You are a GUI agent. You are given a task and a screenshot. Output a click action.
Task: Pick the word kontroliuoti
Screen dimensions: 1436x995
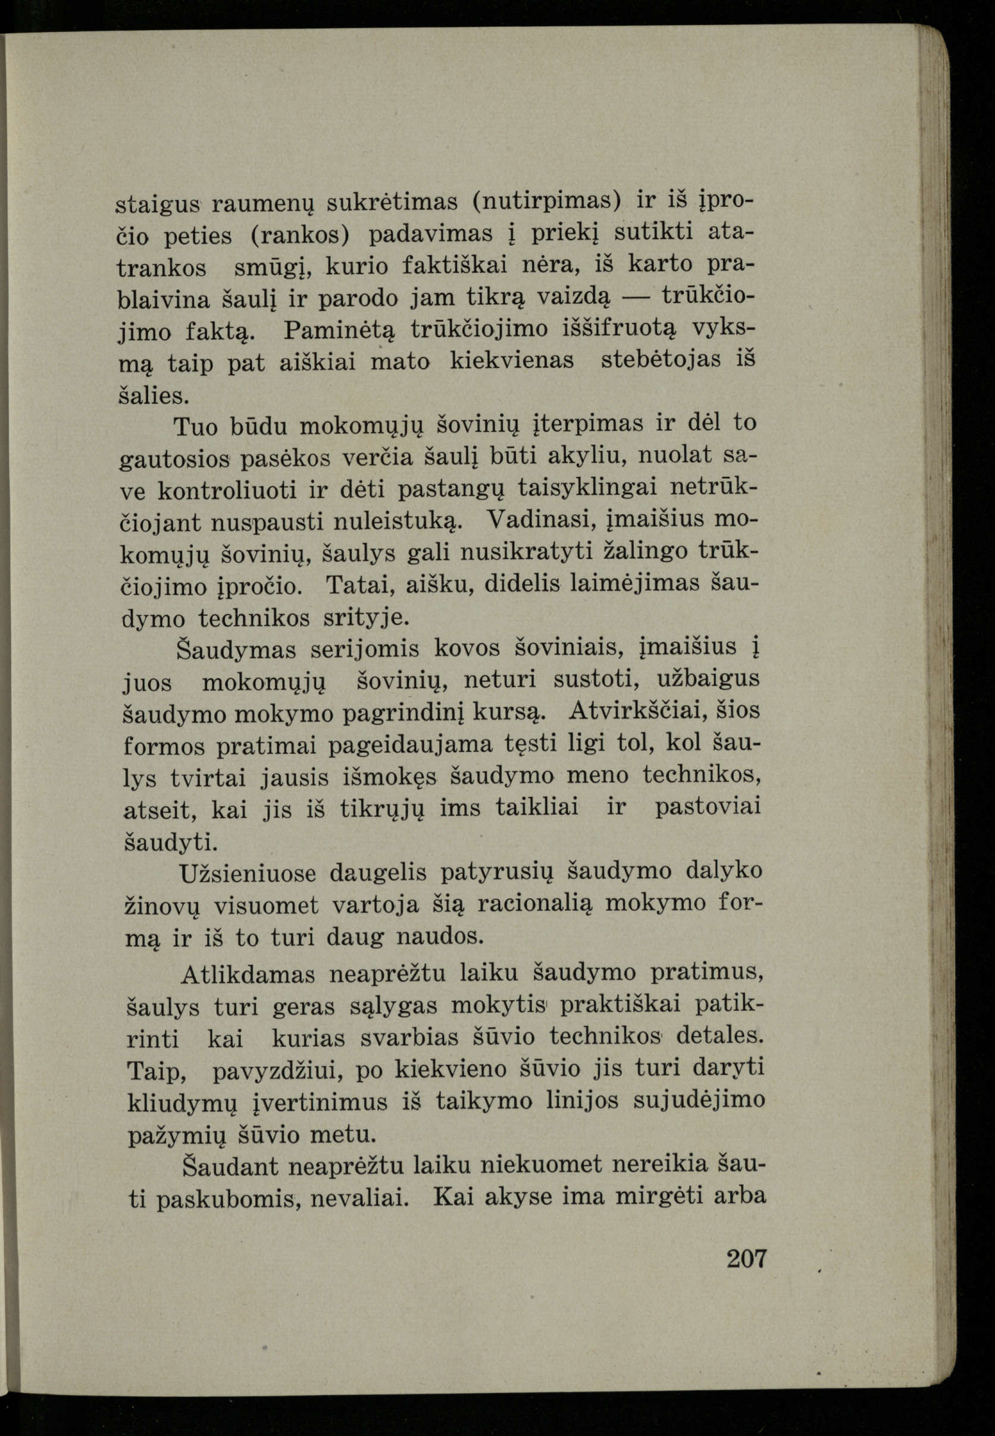[227, 490]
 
